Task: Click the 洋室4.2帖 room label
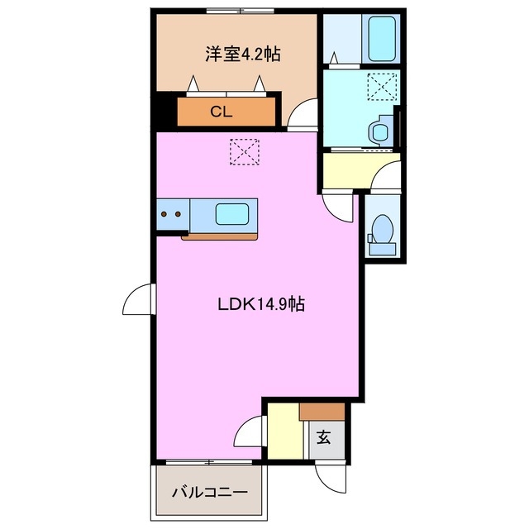(242, 55)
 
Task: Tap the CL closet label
(220, 112)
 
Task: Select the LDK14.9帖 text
(261, 304)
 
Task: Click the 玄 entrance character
(324, 439)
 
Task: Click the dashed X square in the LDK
(245, 151)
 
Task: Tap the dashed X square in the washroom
(382, 85)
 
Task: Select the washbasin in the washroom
(381, 131)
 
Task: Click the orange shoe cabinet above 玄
(322, 411)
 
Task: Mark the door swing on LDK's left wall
(138, 298)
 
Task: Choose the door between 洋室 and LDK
(303, 114)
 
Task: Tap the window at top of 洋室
(241, 10)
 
